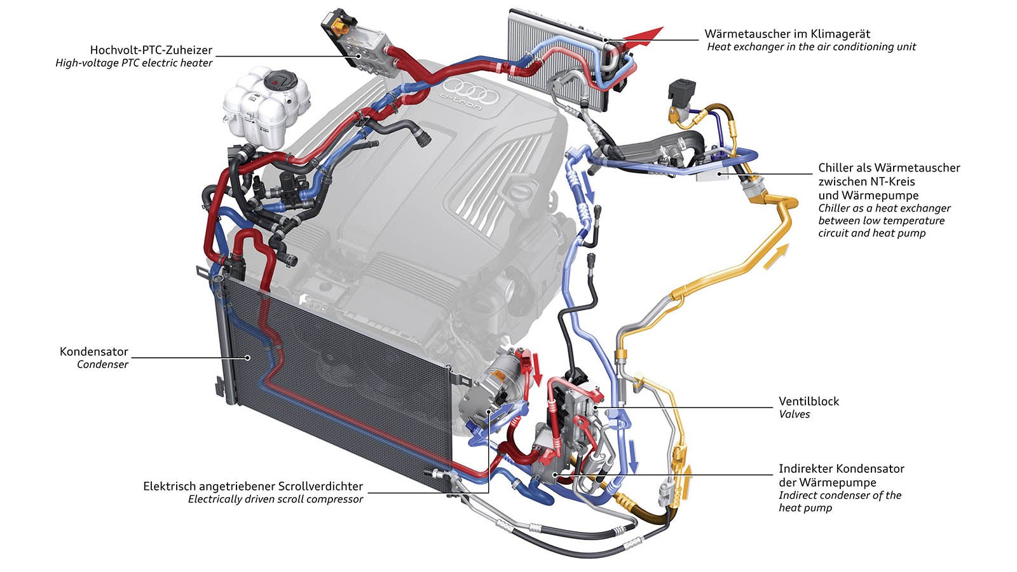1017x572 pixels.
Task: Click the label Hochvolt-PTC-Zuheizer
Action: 151,50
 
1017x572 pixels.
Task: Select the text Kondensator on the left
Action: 94,351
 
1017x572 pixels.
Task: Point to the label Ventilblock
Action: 809,401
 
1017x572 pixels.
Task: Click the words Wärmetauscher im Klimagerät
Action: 787,34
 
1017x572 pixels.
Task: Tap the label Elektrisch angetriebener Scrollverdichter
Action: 253,486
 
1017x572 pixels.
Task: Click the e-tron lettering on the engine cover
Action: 461,104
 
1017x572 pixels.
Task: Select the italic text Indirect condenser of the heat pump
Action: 840,501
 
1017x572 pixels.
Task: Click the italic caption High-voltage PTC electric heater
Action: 133,63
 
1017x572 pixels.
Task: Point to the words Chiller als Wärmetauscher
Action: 889,168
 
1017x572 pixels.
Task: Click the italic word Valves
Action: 795,414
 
